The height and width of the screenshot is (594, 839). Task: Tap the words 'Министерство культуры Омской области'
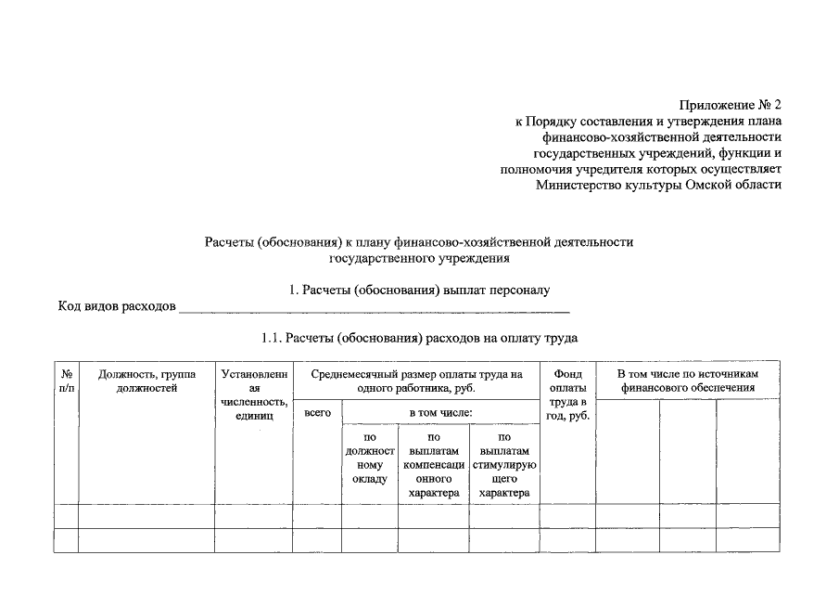tap(658, 184)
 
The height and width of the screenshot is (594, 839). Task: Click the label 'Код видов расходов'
tap(117, 306)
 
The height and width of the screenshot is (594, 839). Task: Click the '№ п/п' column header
tap(66, 381)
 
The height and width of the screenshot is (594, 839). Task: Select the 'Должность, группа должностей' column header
tap(146, 381)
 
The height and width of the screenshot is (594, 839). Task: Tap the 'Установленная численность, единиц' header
tap(255, 394)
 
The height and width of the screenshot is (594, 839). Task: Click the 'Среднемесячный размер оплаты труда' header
tap(417, 381)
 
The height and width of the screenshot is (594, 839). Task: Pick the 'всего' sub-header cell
tap(317, 412)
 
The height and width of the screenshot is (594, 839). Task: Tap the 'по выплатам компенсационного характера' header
tap(433, 465)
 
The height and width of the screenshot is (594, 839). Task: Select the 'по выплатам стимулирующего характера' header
tap(504, 465)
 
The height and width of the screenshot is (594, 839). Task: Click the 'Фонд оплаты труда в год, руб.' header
tap(566, 394)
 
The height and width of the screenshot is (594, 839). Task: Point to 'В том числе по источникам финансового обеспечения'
tap(687, 381)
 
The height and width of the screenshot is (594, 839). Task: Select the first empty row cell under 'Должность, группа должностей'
tap(146, 515)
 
